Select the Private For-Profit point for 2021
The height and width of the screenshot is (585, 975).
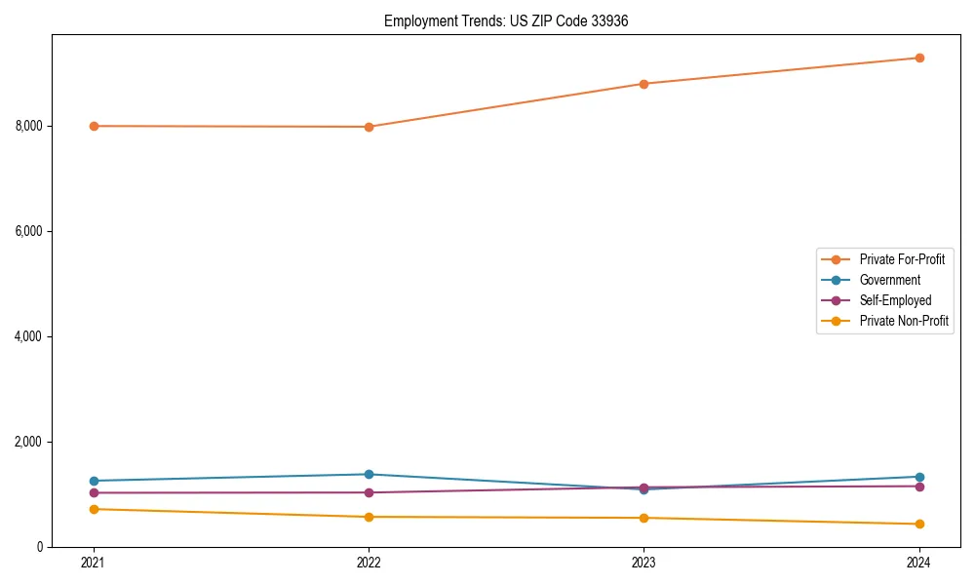click(x=94, y=126)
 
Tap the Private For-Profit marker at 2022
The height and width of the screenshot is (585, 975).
click(x=369, y=127)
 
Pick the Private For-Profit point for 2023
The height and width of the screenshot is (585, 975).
click(x=643, y=84)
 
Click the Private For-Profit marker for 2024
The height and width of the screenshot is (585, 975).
click(x=918, y=58)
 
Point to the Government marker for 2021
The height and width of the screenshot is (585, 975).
click(x=94, y=481)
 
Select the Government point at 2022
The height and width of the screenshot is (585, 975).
click(x=369, y=474)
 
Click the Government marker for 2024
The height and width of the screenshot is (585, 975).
click(x=918, y=477)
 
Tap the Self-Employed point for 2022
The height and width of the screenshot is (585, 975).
click(x=369, y=492)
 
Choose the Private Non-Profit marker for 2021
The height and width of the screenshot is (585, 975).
click(x=94, y=509)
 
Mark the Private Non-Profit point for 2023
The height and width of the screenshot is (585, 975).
click(x=643, y=518)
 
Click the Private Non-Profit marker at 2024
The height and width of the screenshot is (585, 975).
click(x=918, y=524)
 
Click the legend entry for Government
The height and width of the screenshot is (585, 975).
click(x=889, y=280)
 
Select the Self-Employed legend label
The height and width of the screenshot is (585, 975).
click(x=895, y=300)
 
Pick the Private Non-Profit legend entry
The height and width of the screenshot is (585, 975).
click(x=904, y=321)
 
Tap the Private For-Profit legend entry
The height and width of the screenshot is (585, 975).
click(x=902, y=259)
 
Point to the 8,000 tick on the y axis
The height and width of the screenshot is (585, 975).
click(x=28, y=126)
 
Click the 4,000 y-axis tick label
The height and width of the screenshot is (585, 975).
click(x=28, y=336)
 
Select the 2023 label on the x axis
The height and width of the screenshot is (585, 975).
click(x=643, y=562)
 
